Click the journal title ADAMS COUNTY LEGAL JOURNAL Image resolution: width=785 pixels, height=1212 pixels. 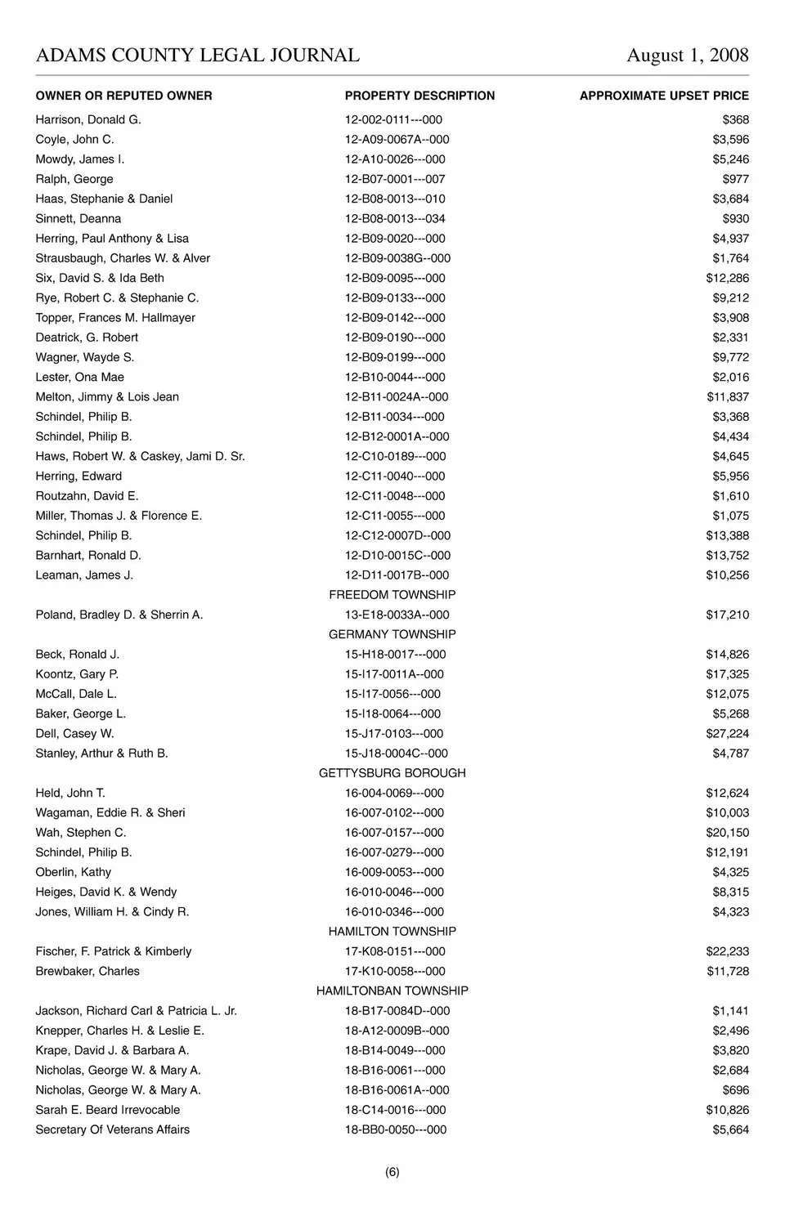pyautogui.click(x=197, y=56)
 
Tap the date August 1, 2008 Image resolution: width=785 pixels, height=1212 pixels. pyautogui.click(x=687, y=56)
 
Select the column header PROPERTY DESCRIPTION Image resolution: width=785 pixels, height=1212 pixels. pyautogui.click(x=419, y=96)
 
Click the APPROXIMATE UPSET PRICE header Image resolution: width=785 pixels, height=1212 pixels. pyautogui.click(x=664, y=96)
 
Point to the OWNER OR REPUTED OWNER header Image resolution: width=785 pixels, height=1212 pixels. pyautogui.click(x=123, y=96)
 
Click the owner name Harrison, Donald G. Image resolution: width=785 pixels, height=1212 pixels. pyautogui.click(x=88, y=119)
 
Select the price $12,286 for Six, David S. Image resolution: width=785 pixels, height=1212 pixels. pyautogui.click(x=727, y=278)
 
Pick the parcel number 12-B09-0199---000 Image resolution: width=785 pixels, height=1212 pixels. pyautogui.click(x=395, y=357)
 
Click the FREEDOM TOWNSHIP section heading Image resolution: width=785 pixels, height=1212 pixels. pyautogui.click(x=392, y=595)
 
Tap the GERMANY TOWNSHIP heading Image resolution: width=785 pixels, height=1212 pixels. pyautogui.click(x=392, y=634)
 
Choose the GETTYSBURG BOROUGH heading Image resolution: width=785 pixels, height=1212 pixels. pyautogui.click(x=392, y=773)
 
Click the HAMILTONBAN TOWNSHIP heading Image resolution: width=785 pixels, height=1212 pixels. pyautogui.click(x=392, y=991)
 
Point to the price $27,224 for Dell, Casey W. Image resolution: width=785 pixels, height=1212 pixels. pyautogui.click(x=727, y=734)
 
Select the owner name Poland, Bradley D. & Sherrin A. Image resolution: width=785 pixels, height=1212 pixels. pyautogui.click(x=119, y=615)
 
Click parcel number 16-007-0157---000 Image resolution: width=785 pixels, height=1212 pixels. pyautogui.click(x=394, y=833)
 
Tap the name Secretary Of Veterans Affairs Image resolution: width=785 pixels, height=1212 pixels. pyautogui.click(x=113, y=1129)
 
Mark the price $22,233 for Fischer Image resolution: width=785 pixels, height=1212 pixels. pyautogui.click(x=727, y=951)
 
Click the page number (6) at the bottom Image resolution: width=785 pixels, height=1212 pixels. pyautogui.click(x=392, y=1172)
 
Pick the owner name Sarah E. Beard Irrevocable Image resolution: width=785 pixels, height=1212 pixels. pyautogui.click(x=108, y=1110)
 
